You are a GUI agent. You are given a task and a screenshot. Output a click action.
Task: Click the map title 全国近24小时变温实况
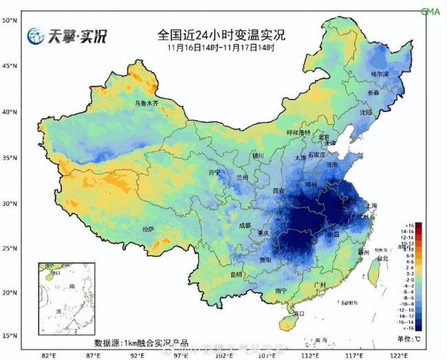[221, 34]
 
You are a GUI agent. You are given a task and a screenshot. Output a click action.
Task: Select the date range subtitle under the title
[221, 48]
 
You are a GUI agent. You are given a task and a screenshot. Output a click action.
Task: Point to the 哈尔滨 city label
[380, 74]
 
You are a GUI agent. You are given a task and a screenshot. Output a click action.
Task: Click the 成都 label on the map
[246, 225]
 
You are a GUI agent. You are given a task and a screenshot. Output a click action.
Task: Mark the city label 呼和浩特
[298, 132]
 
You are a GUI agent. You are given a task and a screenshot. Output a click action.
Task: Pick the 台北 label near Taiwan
[383, 258]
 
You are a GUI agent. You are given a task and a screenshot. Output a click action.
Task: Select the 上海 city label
[371, 205]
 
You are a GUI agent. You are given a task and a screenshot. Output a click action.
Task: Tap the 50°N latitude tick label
[9, 21]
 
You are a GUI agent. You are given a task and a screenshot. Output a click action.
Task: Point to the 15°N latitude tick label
[9, 335]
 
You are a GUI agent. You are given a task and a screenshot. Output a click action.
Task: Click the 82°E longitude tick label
[49, 355]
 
